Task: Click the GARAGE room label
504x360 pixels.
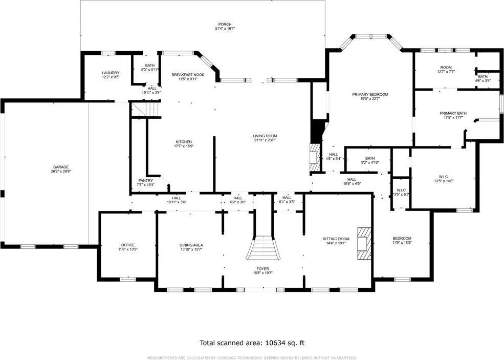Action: coord(60,167)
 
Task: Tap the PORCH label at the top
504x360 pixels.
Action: coord(225,24)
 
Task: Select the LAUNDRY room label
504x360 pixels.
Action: coord(111,73)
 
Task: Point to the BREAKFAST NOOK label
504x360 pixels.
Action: coord(188,75)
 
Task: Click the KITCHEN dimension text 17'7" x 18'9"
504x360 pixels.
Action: coord(184,146)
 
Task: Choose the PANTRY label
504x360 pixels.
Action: coord(146,180)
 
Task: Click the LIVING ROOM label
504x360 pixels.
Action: coord(265,136)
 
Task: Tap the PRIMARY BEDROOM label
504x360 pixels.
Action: coord(370,94)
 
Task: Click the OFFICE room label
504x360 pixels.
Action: coord(127,245)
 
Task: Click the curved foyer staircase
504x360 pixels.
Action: coord(264,248)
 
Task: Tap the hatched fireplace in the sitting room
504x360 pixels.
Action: coord(364,242)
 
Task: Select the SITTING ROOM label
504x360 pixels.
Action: coord(336,239)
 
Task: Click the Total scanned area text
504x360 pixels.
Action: coord(252,343)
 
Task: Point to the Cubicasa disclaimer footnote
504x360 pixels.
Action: coord(252,357)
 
